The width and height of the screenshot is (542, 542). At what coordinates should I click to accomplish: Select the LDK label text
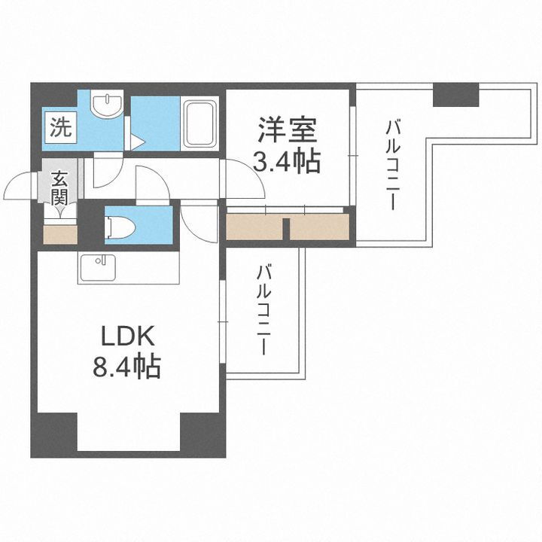[126, 333]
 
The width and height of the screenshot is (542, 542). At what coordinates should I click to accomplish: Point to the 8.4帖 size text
[126, 367]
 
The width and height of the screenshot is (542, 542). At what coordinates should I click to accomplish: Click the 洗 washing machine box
[58, 126]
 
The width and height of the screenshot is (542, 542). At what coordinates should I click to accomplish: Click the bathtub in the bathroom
[201, 125]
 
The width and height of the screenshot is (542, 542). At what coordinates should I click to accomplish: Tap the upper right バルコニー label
[392, 166]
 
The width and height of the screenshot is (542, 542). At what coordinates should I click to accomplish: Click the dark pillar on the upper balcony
[456, 94]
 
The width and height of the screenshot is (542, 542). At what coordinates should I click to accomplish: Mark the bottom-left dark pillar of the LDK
[54, 435]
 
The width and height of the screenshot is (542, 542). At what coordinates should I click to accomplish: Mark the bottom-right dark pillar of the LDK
[202, 435]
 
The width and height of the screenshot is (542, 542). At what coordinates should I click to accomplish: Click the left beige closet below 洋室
[255, 227]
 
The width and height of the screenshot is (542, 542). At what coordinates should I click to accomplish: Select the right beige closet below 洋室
[319, 227]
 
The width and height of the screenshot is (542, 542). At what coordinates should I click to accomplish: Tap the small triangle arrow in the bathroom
[138, 141]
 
